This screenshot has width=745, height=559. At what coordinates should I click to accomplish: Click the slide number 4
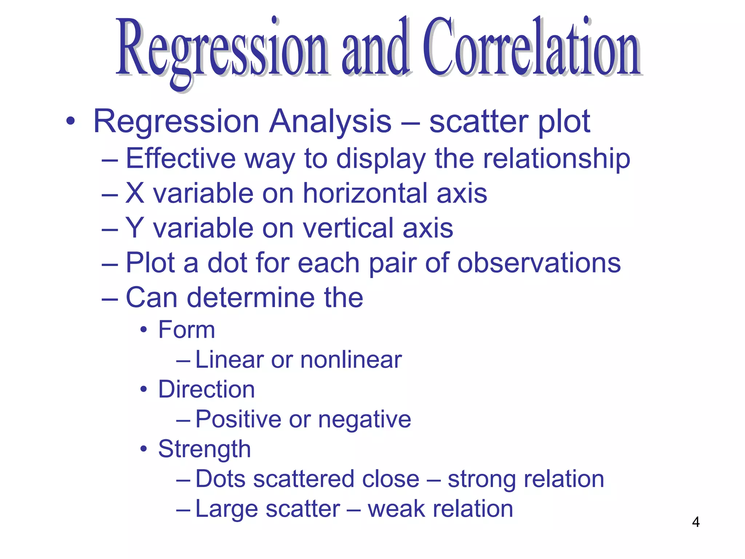[696, 522]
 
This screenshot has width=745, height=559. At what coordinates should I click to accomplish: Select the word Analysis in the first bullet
[330, 122]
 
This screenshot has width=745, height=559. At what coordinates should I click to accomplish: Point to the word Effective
[181, 159]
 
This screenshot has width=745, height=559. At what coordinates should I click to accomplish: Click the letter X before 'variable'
[135, 193]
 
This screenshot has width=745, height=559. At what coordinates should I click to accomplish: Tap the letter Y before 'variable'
[135, 228]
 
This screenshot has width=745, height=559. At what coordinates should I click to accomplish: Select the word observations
[539, 263]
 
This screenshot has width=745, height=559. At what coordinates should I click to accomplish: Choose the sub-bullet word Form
[187, 330]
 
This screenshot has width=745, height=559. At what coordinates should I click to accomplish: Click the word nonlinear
[351, 360]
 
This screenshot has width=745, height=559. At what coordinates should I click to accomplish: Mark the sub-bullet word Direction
[206, 389]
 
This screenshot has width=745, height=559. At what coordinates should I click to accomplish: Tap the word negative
[364, 420]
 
